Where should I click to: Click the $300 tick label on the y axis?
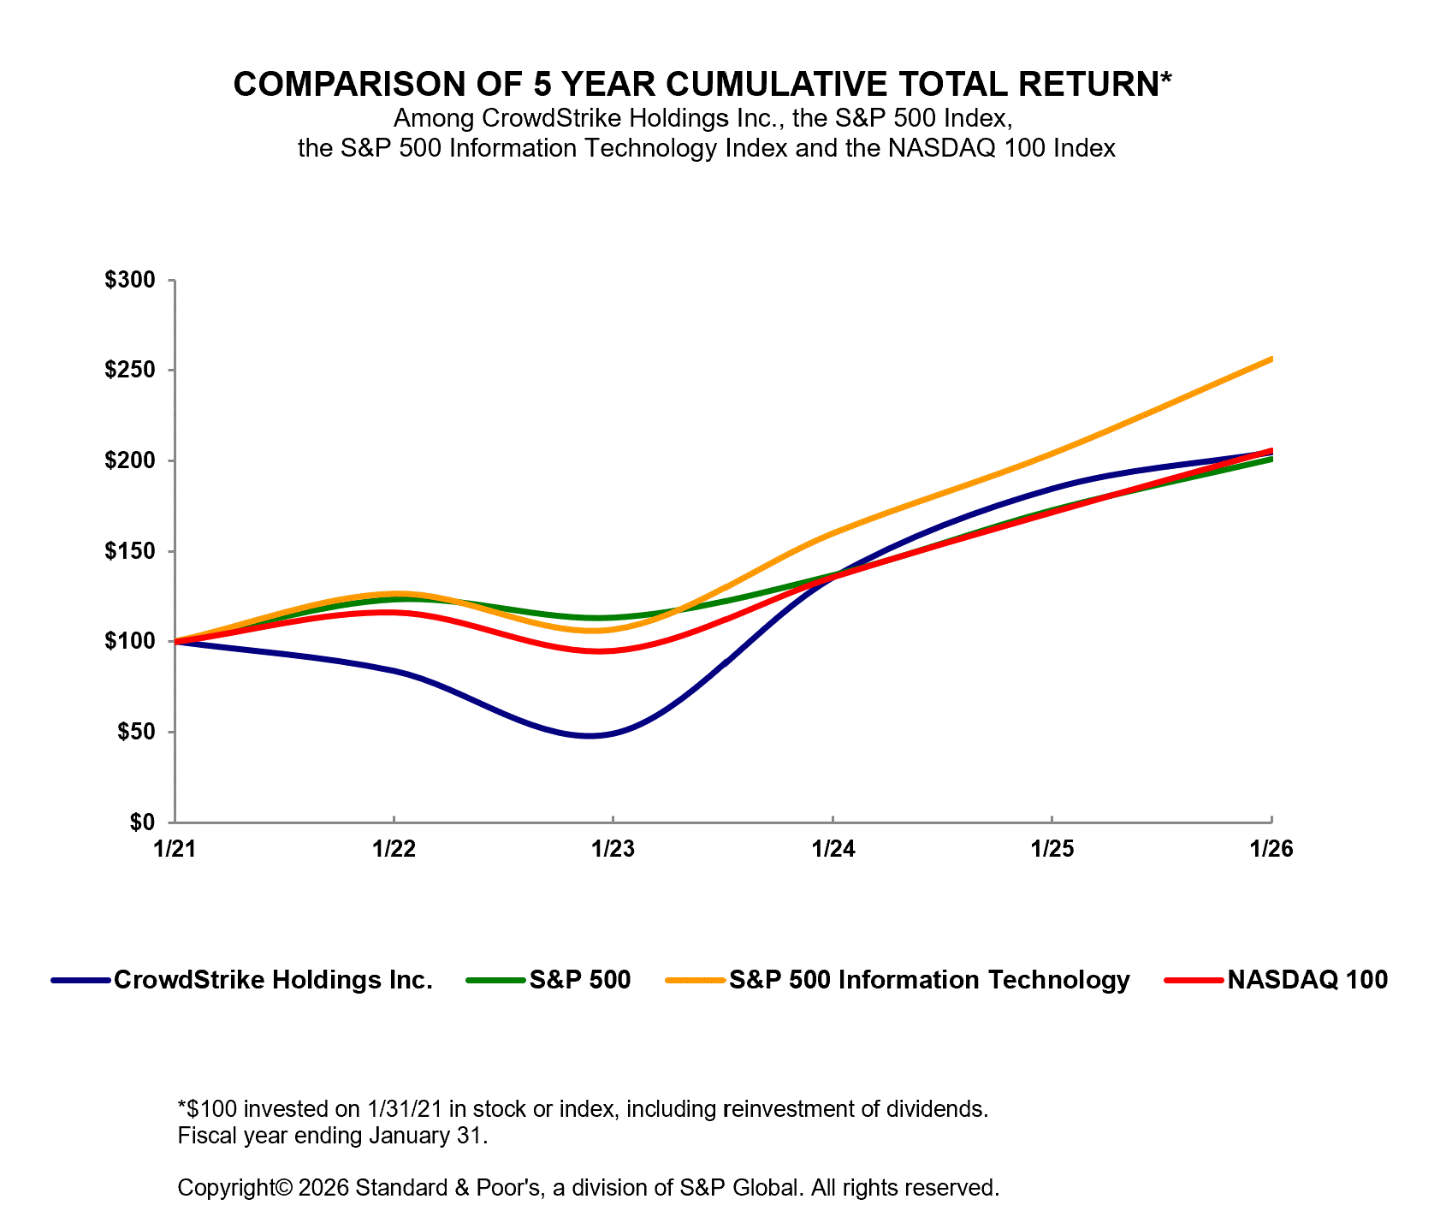pyautogui.click(x=130, y=280)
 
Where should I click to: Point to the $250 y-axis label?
pyautogui.click(x=130, y=371)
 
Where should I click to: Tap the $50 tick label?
pyautogui.click(x=135, y=732)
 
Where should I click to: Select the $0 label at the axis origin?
pyautogui.click(x=142, y=822)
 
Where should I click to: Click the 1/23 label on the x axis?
pyautogui.click(x=613, y=849)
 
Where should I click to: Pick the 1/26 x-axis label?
pyautogui.click(x=1271, y=849)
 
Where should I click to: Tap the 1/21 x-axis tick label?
pyautogui.click(x=175, y=849)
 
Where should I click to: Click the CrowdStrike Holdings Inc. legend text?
pyautogui.click(x=273, y=980)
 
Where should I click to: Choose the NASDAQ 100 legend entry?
pyautogui.click(x=1307, y=980)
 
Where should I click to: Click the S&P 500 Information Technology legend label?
pyautogui.click(x=929, y=980)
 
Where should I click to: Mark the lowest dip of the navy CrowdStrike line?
pyautogui.click(x=590, y=735)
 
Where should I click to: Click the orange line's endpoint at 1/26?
pyautogui.click(x=1271, y=359)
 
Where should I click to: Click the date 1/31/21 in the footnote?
pyautogui.click(x=404, y=1109)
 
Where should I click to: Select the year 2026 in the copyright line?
pyautogui.click(x=323, y=1188)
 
